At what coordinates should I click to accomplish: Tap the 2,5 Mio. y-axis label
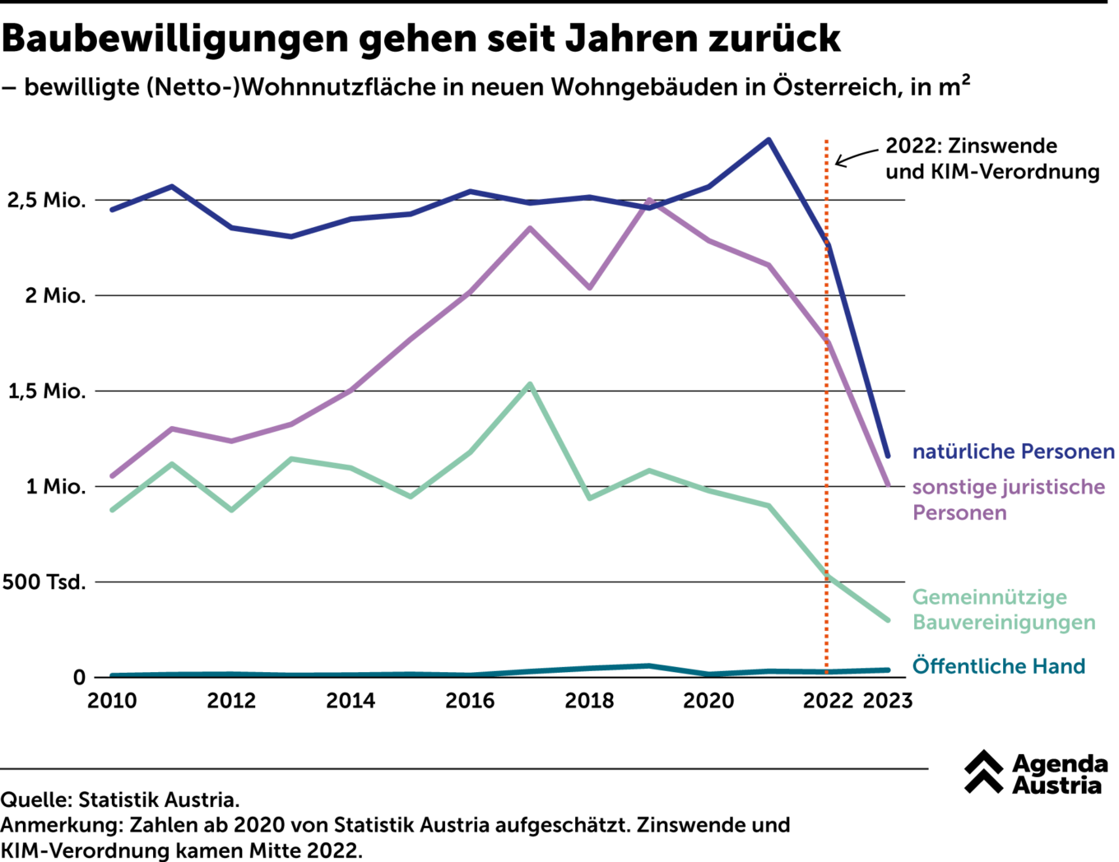[x=46, y=201]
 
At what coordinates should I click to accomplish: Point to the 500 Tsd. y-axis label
[x=44, y=582]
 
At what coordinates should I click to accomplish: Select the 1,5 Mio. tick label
[x=47, y=392]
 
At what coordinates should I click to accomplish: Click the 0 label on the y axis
[x=79, y=678]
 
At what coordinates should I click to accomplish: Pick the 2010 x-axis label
[x=113, y=701]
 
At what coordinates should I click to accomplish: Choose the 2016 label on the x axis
[x=470, y=701]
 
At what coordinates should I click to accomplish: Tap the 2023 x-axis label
[x=887, y=701]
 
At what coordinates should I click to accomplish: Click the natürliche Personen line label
[x=1013, y=452]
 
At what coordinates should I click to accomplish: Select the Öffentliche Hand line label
[x=998, y=666]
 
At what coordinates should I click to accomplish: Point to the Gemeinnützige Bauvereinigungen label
[x=1003, y=609]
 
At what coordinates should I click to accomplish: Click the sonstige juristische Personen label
[x=1008, y=499]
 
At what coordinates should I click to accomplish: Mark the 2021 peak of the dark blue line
[x=768, y=140]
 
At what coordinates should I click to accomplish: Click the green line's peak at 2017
[x=530, y=384]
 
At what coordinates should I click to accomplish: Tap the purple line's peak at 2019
[x=650, y=200]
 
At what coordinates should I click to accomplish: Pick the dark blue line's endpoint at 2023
[x=887, y=455]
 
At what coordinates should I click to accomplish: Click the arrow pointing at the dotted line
[x=855, y=156]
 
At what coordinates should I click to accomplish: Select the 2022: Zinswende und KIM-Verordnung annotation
[x=991, y=158]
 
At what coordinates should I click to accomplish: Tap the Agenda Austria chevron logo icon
[x=983, y=772]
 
